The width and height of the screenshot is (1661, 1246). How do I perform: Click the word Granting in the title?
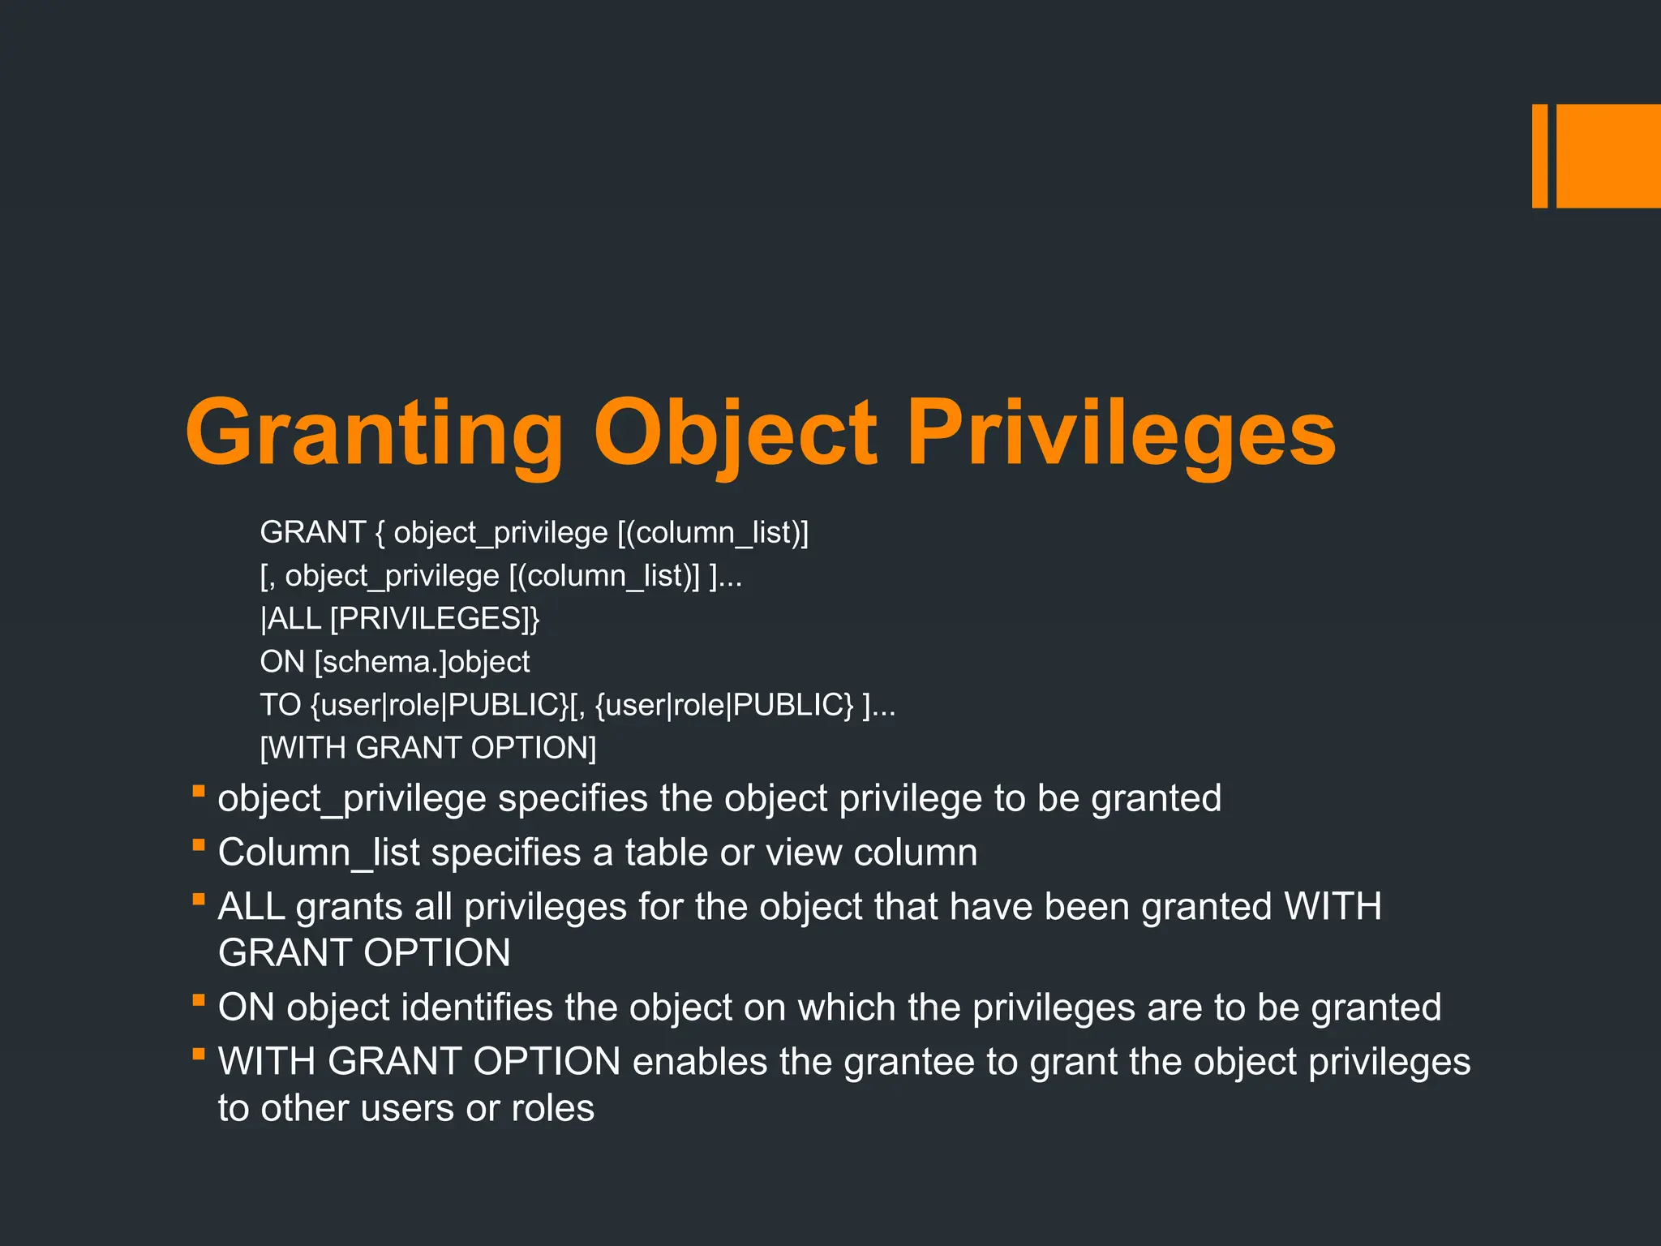[x=374, y=433]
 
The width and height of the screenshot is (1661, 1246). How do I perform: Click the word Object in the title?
[x=735, y=433]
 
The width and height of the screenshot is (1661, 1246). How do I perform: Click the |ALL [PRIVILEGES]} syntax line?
[x=400, y=619]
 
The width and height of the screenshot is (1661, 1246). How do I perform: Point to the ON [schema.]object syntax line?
[x=395, y=662]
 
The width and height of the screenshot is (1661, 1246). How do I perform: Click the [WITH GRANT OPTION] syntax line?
[x=428, y=748]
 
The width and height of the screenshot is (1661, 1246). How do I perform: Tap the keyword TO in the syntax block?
[x=281, y=705]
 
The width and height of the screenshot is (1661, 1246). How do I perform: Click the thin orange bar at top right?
[x=1539, y=156]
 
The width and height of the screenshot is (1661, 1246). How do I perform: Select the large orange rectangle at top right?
[x=1608, y=156]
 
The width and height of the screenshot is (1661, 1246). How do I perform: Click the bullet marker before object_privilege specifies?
[x=198, y=791]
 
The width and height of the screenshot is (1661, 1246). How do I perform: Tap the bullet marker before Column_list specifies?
[x=198, y=845]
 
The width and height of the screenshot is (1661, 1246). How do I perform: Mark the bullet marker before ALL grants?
[x=198, y=899]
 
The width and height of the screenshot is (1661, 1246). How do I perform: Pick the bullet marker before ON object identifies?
[x=198, y=1000]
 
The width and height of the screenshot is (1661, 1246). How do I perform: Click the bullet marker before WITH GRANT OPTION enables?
[x=198, y=1055]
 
